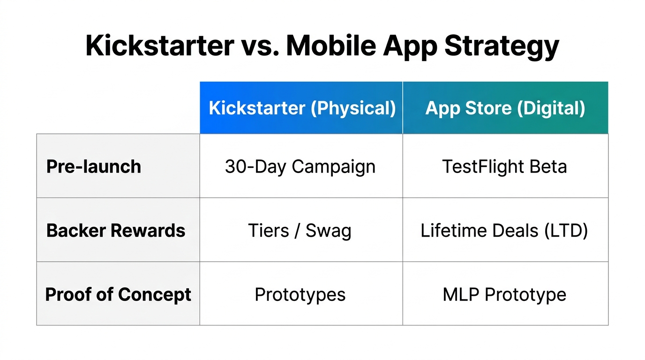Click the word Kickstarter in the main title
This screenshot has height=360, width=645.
coord(159,45)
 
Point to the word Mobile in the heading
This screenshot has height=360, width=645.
coord(331,45)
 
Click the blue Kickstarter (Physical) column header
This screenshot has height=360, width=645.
coord(301,108)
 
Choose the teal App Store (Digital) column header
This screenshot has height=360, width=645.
coord(505,108)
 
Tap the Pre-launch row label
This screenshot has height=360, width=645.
coord(94,166)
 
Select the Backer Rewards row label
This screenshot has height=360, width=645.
coord(116,230)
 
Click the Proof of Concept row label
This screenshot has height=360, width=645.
coord(118,294)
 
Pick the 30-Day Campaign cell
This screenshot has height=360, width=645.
coord(300,166)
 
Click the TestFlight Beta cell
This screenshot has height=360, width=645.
coord(504,166)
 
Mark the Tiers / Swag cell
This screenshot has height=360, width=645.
coord(300,231)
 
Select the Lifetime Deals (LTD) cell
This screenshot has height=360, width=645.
coord(504,231)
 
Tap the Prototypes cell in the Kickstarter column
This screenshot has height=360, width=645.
coord(300,295)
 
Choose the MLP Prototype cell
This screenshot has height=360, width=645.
coord(504,295)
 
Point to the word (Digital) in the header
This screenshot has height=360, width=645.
coord(551,108)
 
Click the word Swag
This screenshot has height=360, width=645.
coord(328,231)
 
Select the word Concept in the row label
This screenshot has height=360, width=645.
coord(155,294)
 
